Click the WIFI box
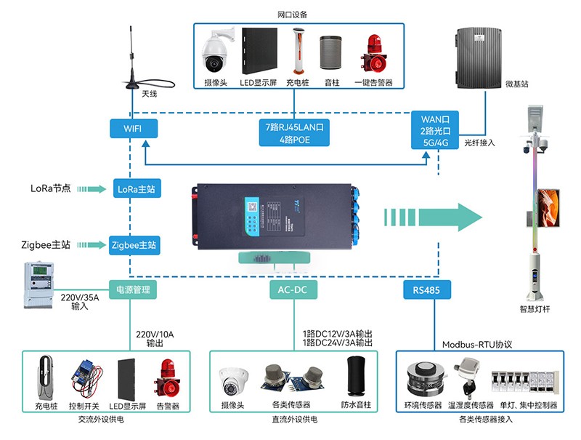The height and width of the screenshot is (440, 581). pos(133,128)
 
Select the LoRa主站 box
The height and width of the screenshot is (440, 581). pos(135,189)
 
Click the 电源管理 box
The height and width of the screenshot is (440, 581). pos(133,289)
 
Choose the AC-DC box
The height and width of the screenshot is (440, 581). pos(293,289)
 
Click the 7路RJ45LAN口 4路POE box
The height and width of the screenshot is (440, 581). pos(294,132)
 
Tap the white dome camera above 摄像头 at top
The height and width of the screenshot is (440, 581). pos(217,49)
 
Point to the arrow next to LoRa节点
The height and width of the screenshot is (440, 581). pos(93,189)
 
